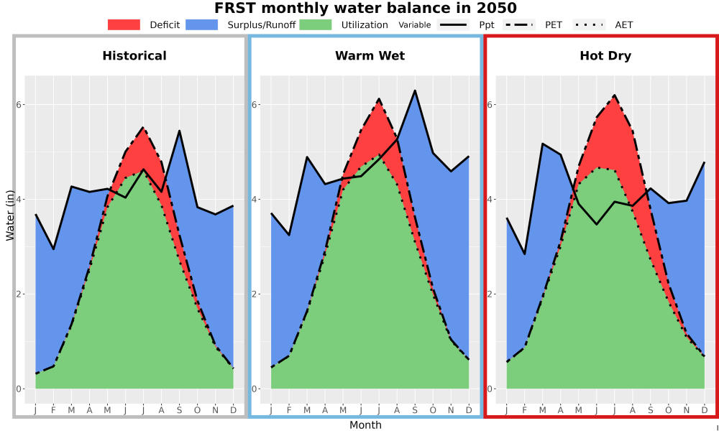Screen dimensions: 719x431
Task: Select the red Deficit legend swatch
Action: tap(124, 24)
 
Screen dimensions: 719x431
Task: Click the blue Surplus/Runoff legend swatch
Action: tap(202, 24)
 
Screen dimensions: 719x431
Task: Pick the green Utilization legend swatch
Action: tap(316, 24)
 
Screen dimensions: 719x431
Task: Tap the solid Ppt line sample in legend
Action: tap(452, 24)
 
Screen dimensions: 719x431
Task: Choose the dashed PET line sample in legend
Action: tap(518, 24)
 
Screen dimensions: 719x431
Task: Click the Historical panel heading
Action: tap(134, 56)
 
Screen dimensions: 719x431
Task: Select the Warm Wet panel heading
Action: tap(370, 56)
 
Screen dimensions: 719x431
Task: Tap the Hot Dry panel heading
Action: tap(605, 56)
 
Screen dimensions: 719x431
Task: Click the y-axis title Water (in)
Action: tap(9, 215)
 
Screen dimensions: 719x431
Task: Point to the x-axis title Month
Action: tap(365, 425)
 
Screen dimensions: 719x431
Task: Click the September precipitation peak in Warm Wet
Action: tap(415, 91)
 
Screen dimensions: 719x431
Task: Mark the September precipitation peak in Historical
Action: tap(179, 131)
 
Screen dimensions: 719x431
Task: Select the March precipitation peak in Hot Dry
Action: tap(542, 144)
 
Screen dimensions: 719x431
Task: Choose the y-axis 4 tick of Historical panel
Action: tap(19, 199)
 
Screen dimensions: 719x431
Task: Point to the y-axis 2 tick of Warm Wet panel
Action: tap(255, 294)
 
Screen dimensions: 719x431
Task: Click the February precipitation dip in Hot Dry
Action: tap(525, 254)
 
